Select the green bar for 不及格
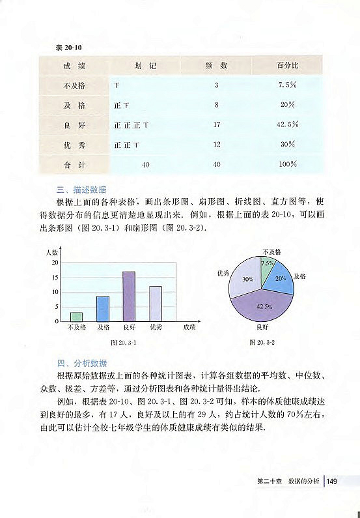coord(76,317)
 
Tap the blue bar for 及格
coord(103,309)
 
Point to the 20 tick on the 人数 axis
coord(57,262)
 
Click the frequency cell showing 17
coord(217,124)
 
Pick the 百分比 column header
coord(287,66)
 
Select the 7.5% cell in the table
coord(287,85)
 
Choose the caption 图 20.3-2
coord(263,342)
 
